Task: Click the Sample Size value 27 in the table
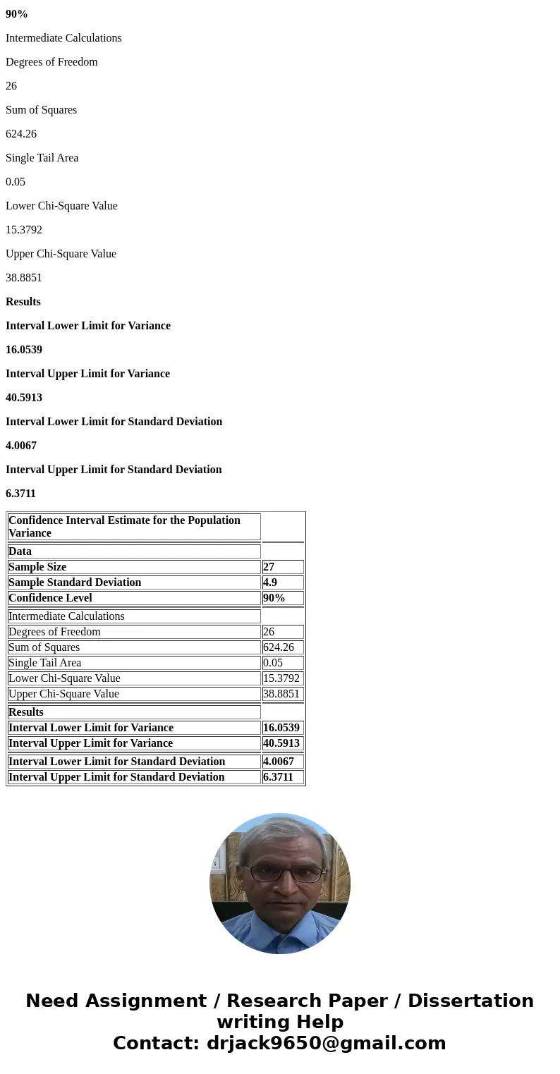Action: point(269,567)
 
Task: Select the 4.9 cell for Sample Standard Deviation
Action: point(270,582)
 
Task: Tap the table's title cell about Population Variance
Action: point(124,527)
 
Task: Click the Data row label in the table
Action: point(20,551)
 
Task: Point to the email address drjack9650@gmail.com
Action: point(326,1044)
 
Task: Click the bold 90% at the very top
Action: point(17,14)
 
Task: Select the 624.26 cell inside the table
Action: point(279,647)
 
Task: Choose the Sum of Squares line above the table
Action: point(41,110)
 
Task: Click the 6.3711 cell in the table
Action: point(278,777)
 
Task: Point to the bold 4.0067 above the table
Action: point(21,446)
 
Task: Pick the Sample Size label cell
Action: point(37,567)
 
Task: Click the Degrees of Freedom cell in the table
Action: point(54,632)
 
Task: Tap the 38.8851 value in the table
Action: point(281,694)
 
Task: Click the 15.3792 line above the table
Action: point(24,230)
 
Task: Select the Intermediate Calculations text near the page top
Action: point(63,38)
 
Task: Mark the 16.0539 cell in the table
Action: point(281,728)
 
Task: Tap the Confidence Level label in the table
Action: point(50,598)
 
